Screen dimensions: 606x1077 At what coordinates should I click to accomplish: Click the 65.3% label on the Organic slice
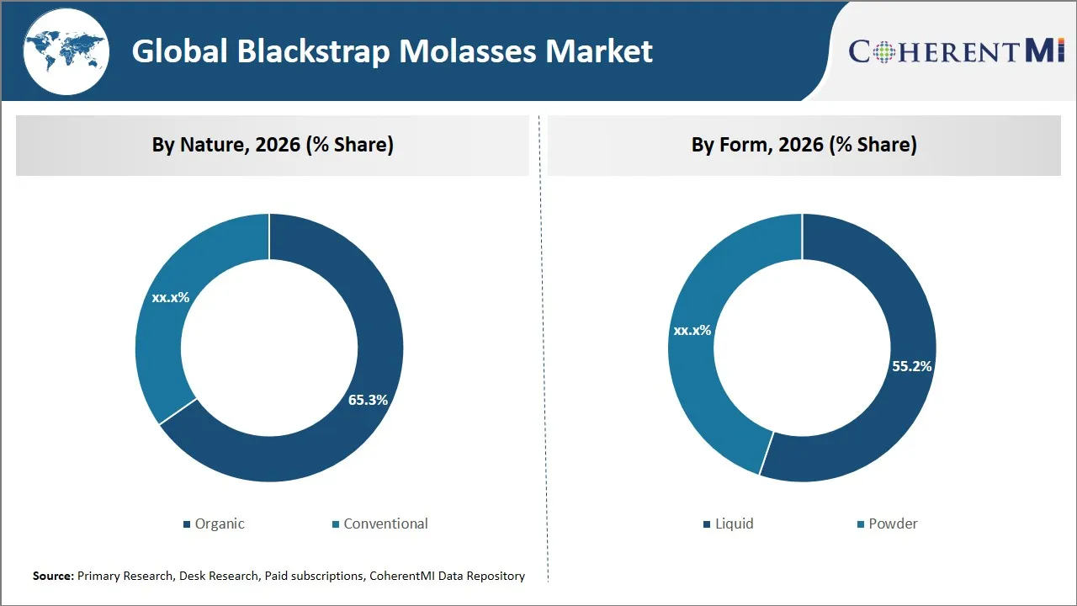(368, 400)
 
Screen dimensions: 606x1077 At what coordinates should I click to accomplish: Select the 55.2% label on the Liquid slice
(911, 366)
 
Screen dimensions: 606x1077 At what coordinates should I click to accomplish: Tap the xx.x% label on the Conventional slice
(171, 297)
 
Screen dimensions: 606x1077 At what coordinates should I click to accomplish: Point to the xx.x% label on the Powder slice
(692, 330)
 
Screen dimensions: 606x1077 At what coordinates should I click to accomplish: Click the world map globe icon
(66, 51)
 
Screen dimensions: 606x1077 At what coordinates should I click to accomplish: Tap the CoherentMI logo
(957, 51)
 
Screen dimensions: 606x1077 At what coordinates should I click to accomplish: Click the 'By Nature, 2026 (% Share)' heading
(273, 145)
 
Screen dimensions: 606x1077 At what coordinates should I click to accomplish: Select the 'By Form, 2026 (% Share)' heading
(804, 145)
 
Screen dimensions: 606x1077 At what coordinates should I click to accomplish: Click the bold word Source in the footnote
(53, 576)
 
